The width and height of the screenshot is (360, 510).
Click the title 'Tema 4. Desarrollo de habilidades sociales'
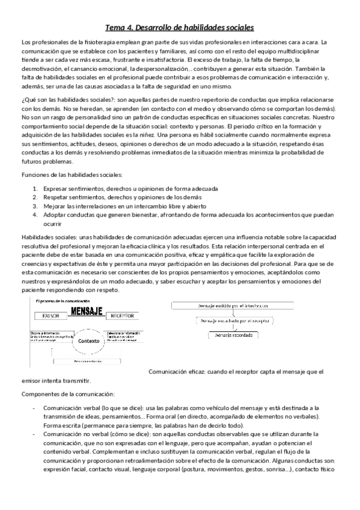tap(180, 28)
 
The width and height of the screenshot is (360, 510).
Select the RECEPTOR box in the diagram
tap(123, 315)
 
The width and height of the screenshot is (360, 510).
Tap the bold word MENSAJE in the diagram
tap(88, 312)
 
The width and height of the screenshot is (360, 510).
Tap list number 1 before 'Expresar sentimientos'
tap(35, 188)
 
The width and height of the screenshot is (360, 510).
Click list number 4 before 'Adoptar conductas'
tap(35, 214)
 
